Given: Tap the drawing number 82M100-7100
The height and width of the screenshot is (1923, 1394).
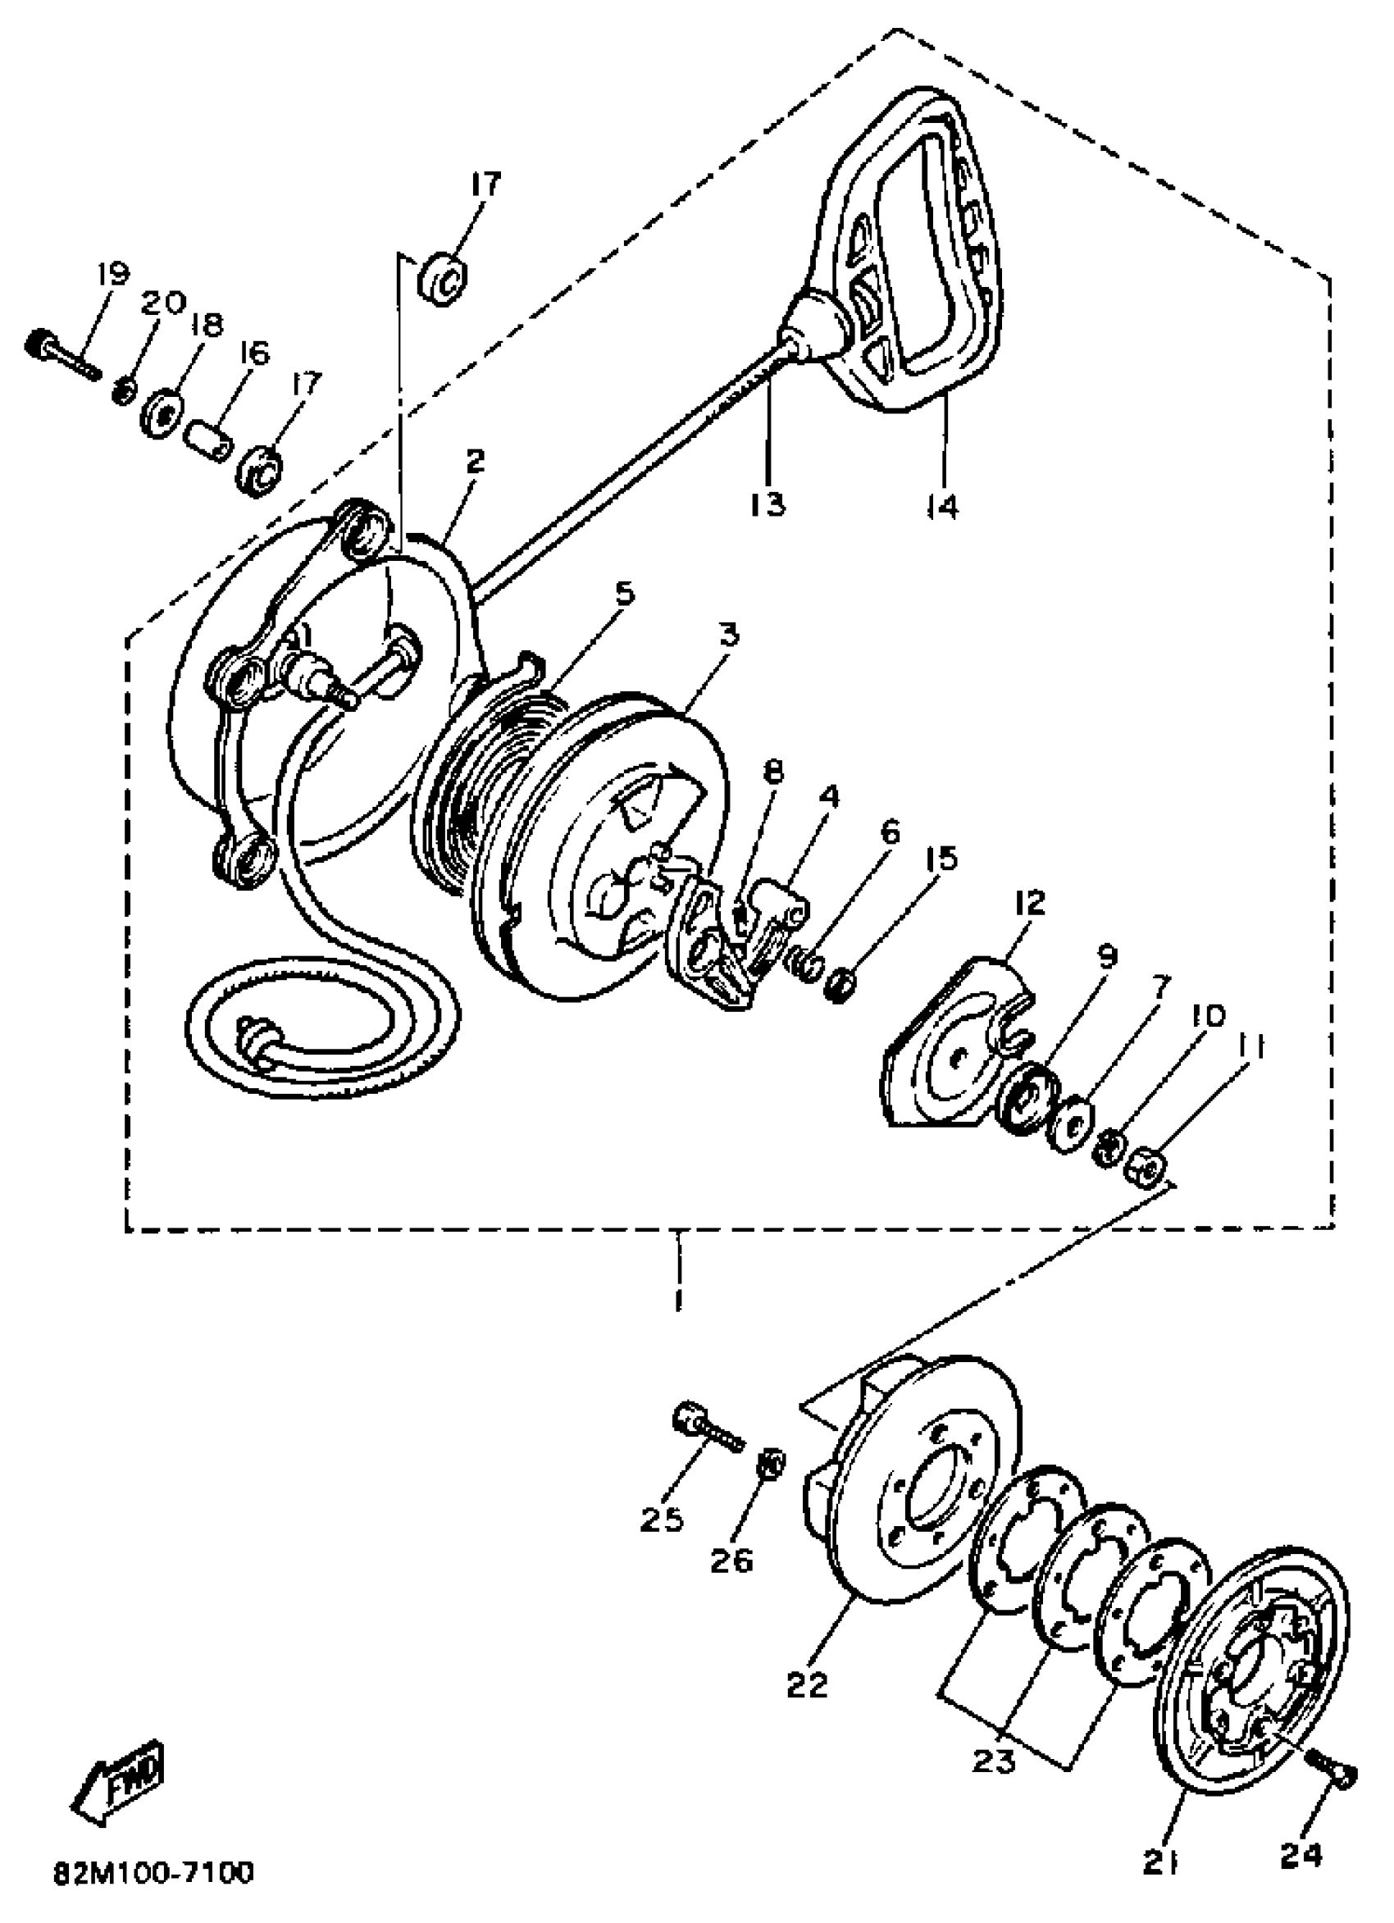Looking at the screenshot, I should click(x=153, y=1869).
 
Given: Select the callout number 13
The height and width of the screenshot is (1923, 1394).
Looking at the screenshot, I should click(x=768, y=504).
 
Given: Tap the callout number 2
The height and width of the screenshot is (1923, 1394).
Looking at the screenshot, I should click(x=475, y=460).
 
